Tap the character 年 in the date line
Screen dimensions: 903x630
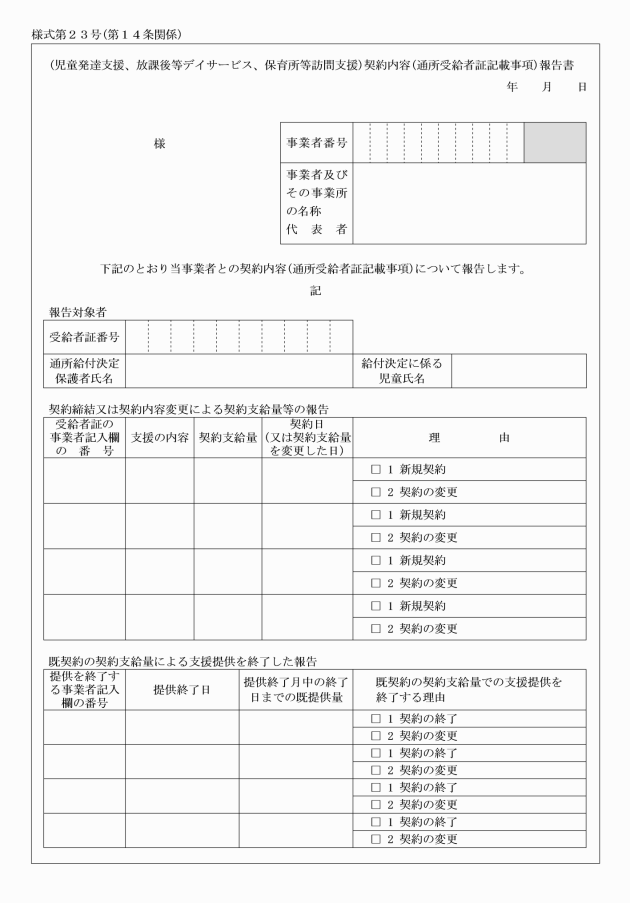click(513, 88)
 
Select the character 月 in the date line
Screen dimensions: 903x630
click(547, 88)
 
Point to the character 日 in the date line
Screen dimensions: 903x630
click(581, 88)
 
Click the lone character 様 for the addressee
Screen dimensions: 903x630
click(159, 144)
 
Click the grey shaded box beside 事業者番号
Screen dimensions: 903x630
click(555, 143)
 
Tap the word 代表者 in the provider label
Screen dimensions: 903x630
click(315, 230)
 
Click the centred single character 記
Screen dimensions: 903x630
click(316, 290)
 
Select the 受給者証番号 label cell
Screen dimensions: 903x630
click(84, 336)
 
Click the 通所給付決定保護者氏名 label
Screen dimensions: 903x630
click(84, 371)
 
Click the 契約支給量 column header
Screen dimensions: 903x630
click(227, 438)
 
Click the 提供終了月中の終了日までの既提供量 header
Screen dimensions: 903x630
click(295, 689)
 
